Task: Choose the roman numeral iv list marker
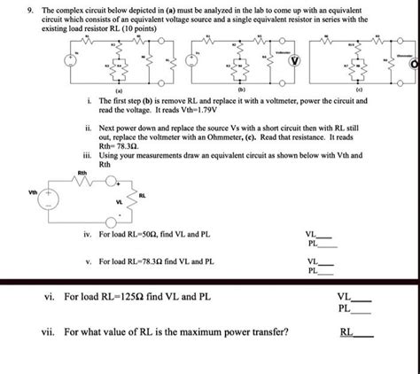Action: coord(86,234)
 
